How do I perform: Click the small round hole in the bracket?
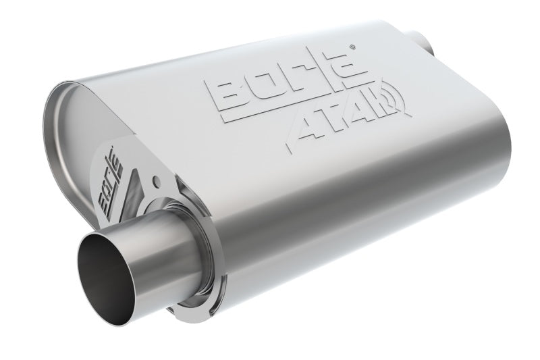click(156, 182)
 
